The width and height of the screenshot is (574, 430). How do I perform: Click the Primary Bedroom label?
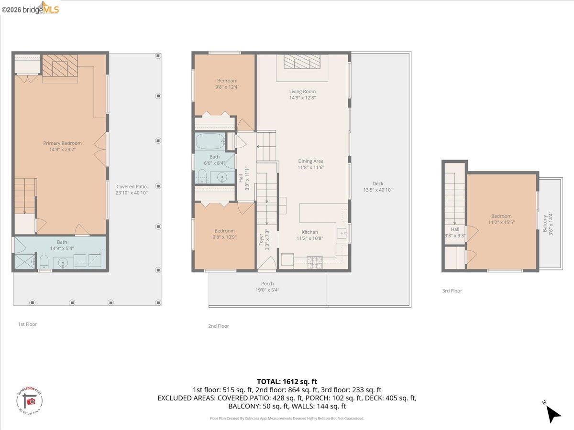pos(62,143)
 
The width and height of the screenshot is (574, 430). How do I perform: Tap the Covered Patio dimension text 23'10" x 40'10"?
pos(132,193)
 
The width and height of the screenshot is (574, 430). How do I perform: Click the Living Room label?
pos(302,91)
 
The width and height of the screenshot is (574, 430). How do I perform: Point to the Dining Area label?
pos(311,161)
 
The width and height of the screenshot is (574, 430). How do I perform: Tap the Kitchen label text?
pos(309,232)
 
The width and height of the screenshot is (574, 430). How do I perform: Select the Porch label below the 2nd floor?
pos(267,283)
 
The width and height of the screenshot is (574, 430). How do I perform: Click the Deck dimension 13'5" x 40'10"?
pos(378,190)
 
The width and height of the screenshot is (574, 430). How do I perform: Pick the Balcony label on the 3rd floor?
pos(545,222)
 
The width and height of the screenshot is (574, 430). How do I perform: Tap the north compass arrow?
pos(553,413)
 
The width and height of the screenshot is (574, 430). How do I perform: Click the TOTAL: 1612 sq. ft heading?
pos(287,381)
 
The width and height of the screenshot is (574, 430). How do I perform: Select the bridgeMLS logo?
pos(31,8)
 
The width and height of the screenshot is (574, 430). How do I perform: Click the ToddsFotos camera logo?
pos(30,401)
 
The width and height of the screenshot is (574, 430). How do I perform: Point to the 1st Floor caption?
pos(27,324)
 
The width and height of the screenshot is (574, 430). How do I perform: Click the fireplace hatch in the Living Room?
pos(302,61)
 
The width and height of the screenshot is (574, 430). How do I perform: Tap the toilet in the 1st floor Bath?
pos(43,261)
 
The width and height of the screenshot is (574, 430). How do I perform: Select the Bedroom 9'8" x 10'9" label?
pos(224,234)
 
